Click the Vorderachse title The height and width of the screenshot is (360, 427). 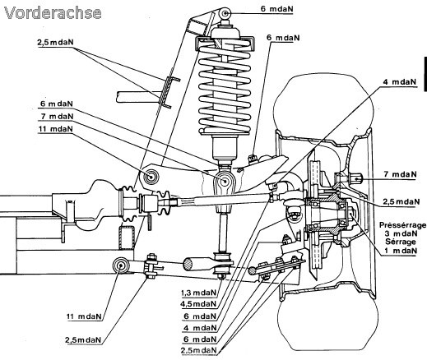(53, 13)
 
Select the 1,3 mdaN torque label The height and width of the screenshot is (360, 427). (198, 293)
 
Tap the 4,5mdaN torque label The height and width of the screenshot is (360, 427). (198, 304)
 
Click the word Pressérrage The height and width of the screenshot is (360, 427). (402, 225)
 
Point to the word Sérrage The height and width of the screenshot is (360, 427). (401, 242)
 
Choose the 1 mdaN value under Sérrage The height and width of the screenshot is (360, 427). (401, 251)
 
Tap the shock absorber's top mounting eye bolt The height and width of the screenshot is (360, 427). (225, 13)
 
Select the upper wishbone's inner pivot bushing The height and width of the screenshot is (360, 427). (151, 177)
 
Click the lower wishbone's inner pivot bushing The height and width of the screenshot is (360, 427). (121, 265)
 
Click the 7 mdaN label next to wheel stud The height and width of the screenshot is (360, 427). (401, 174)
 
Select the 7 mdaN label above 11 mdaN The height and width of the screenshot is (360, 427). (57, 117)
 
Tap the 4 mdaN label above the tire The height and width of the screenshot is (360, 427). (399, 82)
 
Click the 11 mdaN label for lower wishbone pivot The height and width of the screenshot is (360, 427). (84, 316)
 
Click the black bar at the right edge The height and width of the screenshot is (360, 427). (425, 74)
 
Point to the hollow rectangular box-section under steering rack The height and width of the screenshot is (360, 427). (127, 238)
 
